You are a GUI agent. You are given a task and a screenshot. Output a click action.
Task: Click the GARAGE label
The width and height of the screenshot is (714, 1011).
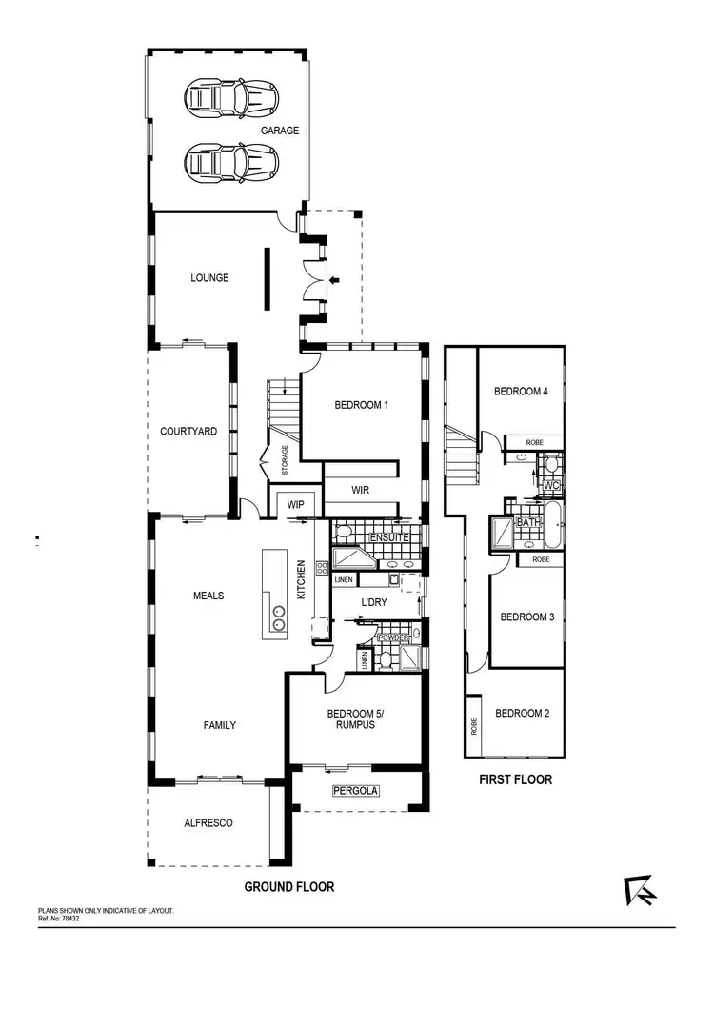pyautogui.click(x=282, y=131)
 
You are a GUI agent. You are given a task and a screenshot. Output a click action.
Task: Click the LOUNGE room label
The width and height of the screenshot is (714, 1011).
pyautogui.click(x=209, y=278)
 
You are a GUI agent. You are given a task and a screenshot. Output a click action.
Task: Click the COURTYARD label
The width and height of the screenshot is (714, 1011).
pyautogui.click(x=188, y=432)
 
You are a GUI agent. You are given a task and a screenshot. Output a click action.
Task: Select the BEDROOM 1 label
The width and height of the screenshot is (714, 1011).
pyautogui.click(x=362, y=405)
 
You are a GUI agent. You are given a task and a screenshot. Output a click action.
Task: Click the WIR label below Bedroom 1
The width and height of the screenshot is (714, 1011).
pyautogui.click(x=360, y=490)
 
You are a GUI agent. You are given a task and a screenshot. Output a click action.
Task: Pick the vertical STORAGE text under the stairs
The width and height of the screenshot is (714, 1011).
pyautogui.click(x=285, y=459)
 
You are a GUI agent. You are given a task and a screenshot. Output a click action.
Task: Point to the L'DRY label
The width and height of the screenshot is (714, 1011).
pyautogui.click(x=373, y=602)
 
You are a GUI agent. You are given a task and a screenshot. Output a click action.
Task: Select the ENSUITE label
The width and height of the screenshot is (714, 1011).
pyautogui.click(x=390, y=537)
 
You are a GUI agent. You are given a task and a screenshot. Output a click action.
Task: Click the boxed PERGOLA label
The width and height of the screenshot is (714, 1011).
pyautogui.click(x=355, y=791)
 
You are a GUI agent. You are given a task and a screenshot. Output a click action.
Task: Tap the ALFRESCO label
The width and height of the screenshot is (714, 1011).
pyautogui.click(x=208, y=823)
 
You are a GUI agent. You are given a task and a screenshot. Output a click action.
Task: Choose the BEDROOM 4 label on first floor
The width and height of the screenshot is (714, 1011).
pyautogui.click(x=521, y=392)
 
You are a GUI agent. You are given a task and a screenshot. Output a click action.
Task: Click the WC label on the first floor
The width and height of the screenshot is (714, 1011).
pyautogui.click(x=550, y=485)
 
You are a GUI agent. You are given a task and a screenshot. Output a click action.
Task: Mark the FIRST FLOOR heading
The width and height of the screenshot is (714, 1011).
pyautogui.click(x=515, y=779)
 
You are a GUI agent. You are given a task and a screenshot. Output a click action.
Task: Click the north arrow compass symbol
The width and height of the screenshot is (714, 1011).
pyautogui.click(x=638, y=890)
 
